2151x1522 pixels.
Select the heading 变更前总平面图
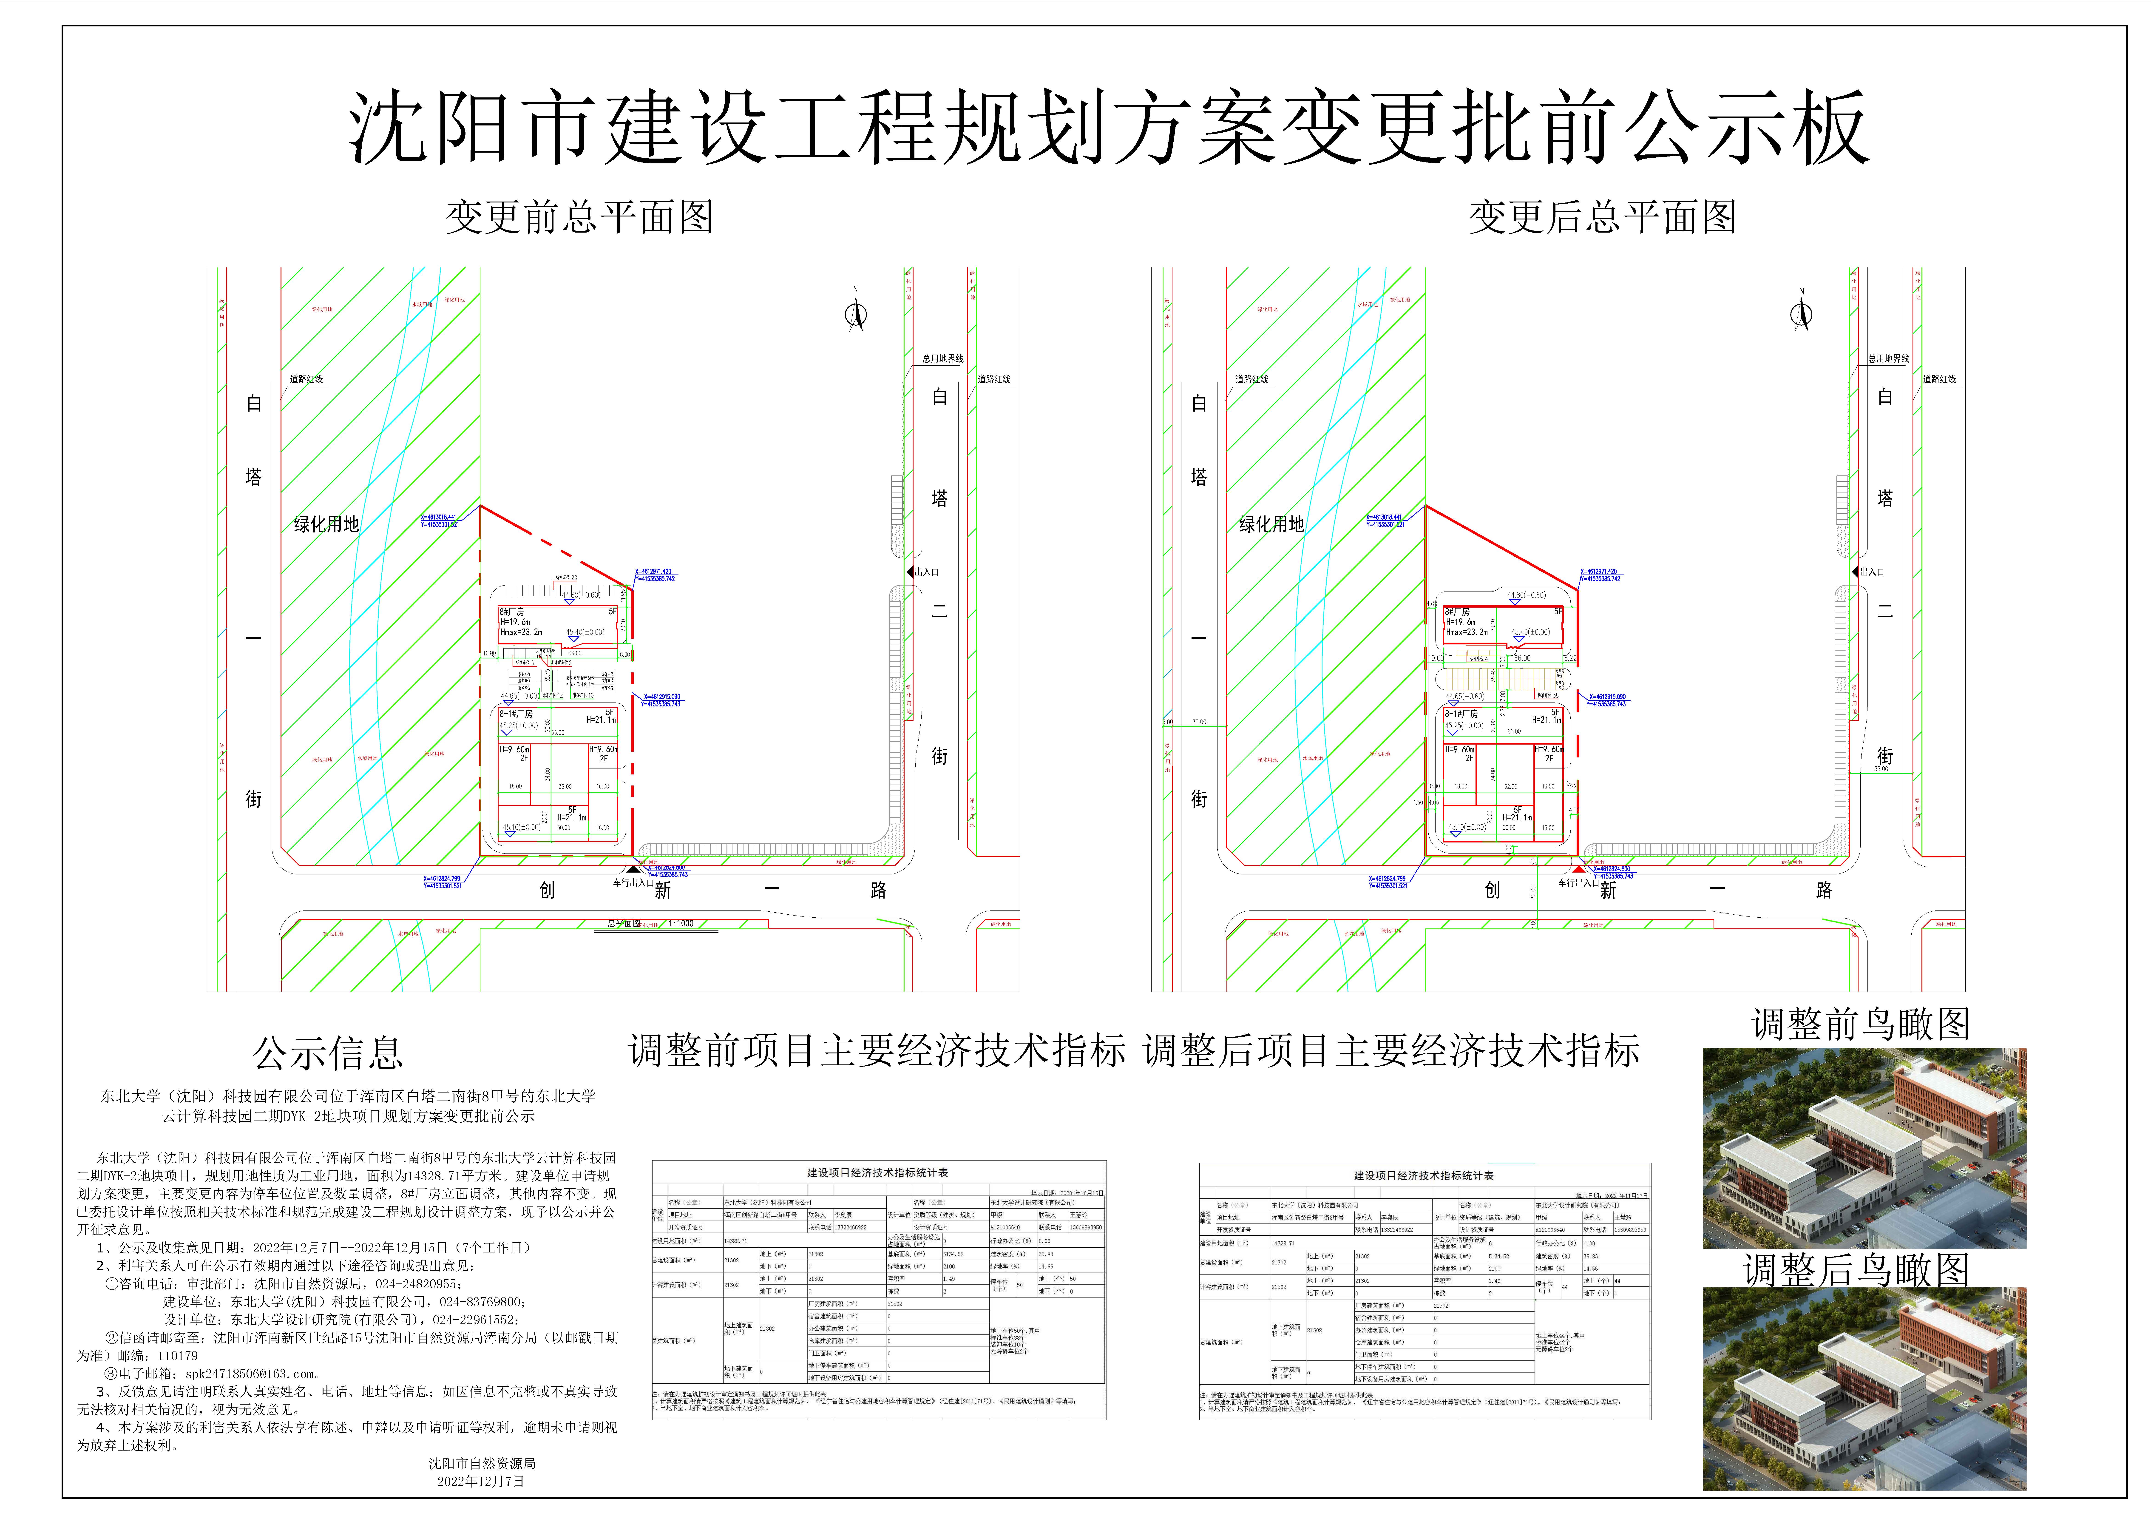(579, 217)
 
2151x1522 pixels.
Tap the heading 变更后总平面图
(1602, 217)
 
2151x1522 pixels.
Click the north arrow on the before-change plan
(855, 315)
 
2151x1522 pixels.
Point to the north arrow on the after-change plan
(1801, 315)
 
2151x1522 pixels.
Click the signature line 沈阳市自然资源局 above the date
(482, 1463)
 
